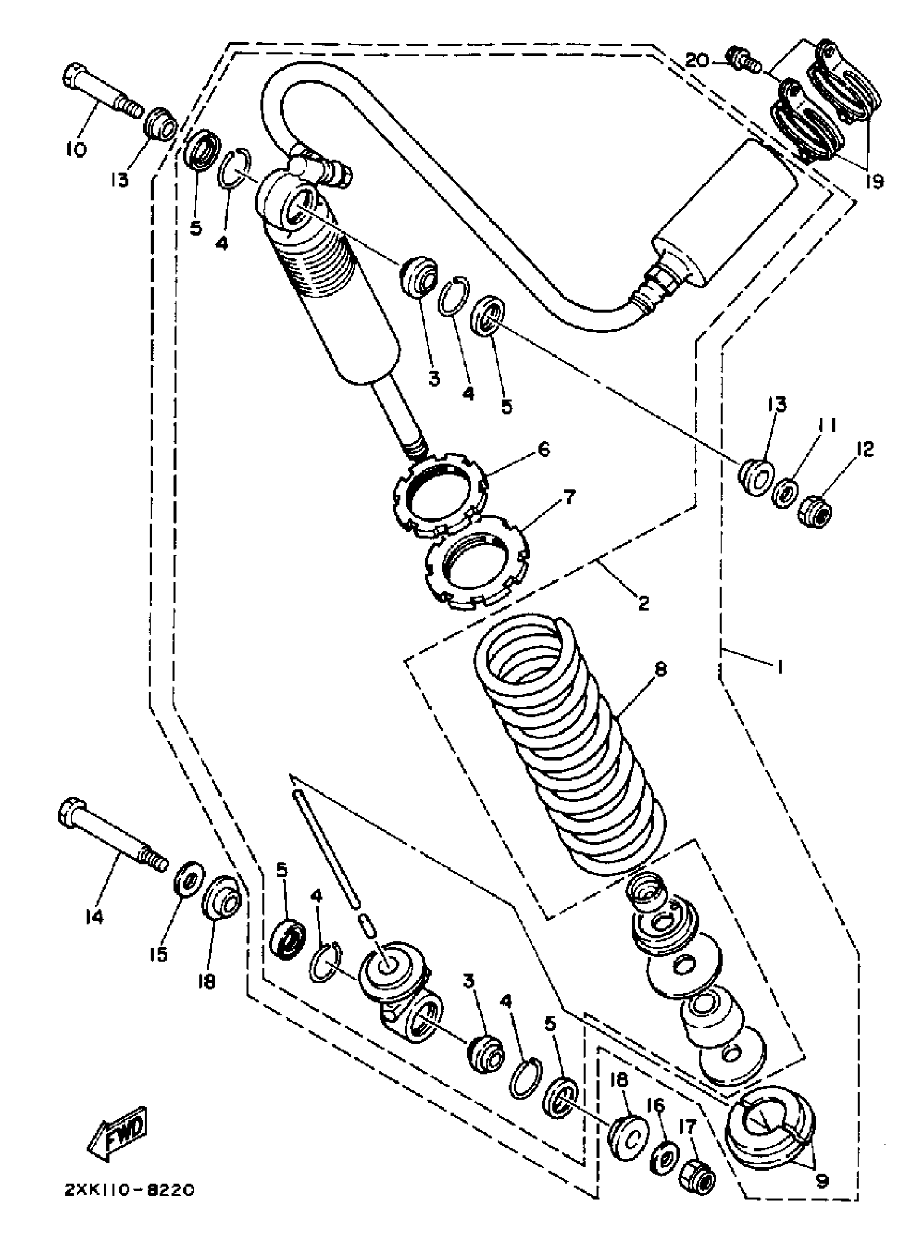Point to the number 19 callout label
pyautogui.click(x=875, y=182)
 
